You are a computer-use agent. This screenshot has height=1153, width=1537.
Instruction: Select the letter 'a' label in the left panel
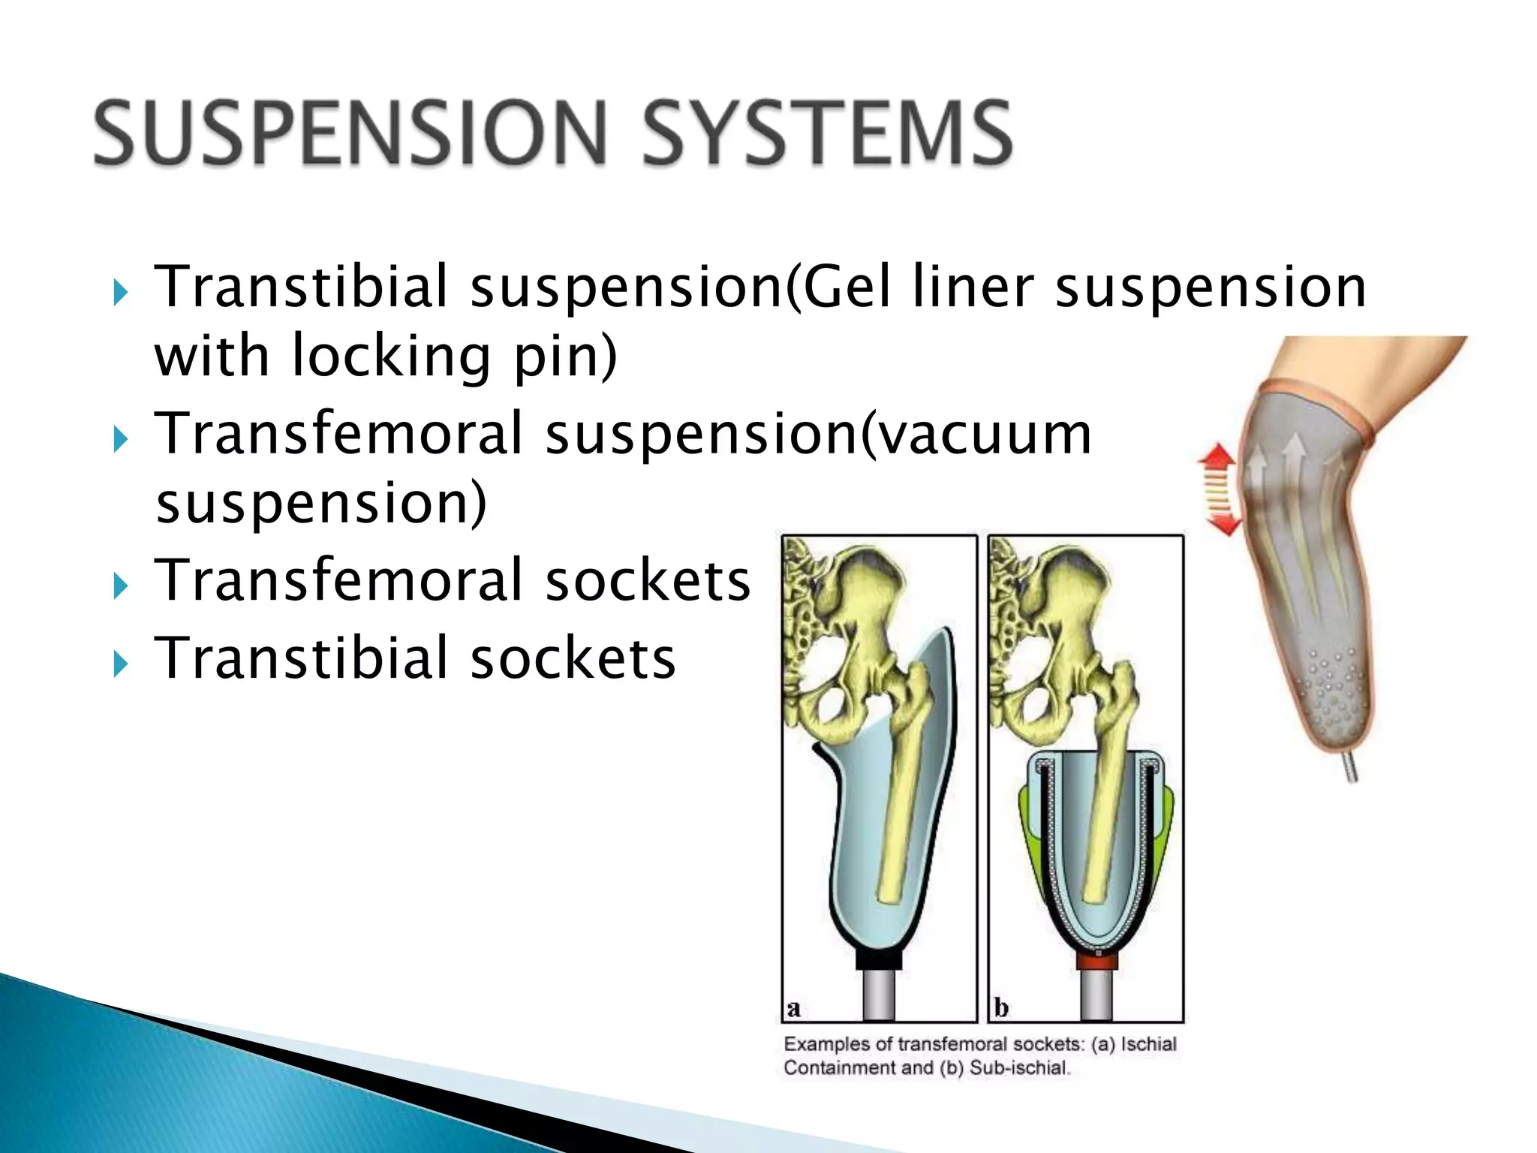794,1008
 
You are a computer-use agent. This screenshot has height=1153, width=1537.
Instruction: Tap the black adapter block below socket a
879,959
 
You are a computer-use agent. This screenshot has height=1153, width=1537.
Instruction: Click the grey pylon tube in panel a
879,995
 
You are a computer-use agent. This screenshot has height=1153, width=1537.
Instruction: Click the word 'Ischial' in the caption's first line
1148,1044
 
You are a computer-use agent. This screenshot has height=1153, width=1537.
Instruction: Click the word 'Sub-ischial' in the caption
1018,1068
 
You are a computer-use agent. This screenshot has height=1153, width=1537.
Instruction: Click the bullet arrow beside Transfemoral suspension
120,440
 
